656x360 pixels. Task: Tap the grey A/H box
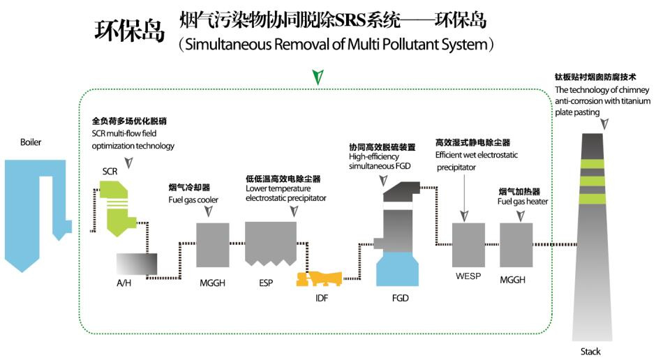click(x=137, y=263)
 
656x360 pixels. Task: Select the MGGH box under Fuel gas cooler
click(x=214, y=245)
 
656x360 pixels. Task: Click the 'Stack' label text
click(x=590, y=352)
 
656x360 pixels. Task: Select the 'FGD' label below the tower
click(x=400, y=298)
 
